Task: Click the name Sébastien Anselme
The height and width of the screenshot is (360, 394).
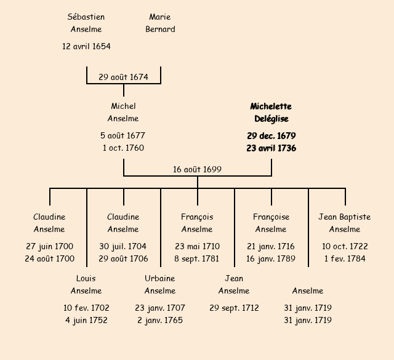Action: [x=86, y=23]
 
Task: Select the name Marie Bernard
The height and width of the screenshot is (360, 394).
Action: [x=160, y=23]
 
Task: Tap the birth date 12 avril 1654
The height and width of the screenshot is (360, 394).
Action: [x=86, y=46]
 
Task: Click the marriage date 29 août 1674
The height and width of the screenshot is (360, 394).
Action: [x=123, y=77]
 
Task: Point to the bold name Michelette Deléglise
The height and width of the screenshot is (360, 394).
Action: [x=271, y=113]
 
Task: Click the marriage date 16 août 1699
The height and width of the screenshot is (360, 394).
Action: [x=197, y=169]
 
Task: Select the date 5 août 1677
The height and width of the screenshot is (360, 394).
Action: [x=123, y=135]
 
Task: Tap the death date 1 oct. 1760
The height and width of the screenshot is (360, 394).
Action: [x=123, y=148]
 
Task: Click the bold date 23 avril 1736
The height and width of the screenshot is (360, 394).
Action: [x=271, y=148]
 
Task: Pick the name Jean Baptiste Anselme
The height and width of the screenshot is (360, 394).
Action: [x=345, y=223]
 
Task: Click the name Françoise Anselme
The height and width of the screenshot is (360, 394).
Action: [x=271, y=223]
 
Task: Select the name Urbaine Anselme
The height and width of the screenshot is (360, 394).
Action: [x=160, y=284]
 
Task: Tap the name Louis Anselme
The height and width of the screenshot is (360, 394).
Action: [x=86, y=284]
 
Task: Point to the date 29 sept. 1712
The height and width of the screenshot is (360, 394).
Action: [x=234, y=308]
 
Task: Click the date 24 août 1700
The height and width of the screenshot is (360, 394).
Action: [x=49, y=258]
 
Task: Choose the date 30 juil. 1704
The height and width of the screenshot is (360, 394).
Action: [x=123, y=246]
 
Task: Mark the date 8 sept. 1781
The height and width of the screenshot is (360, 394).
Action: [x=197, y=258]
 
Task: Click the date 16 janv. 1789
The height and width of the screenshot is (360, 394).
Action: [x=271, y=258]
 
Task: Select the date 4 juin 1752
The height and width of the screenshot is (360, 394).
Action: [x=86, y=320]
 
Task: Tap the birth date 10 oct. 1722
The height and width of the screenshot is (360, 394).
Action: [x=345, y=246]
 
